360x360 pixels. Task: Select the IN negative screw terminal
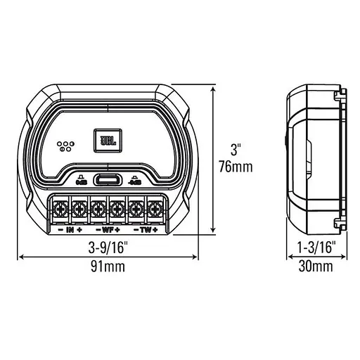(60, 209)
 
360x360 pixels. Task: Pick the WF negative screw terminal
(98, 209)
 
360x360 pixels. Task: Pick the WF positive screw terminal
(117, 209)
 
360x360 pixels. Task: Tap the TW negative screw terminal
(136, 209)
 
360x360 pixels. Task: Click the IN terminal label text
(70, 229)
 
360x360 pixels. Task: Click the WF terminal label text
(107, 229)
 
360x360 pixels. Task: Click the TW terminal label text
(145, 229)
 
